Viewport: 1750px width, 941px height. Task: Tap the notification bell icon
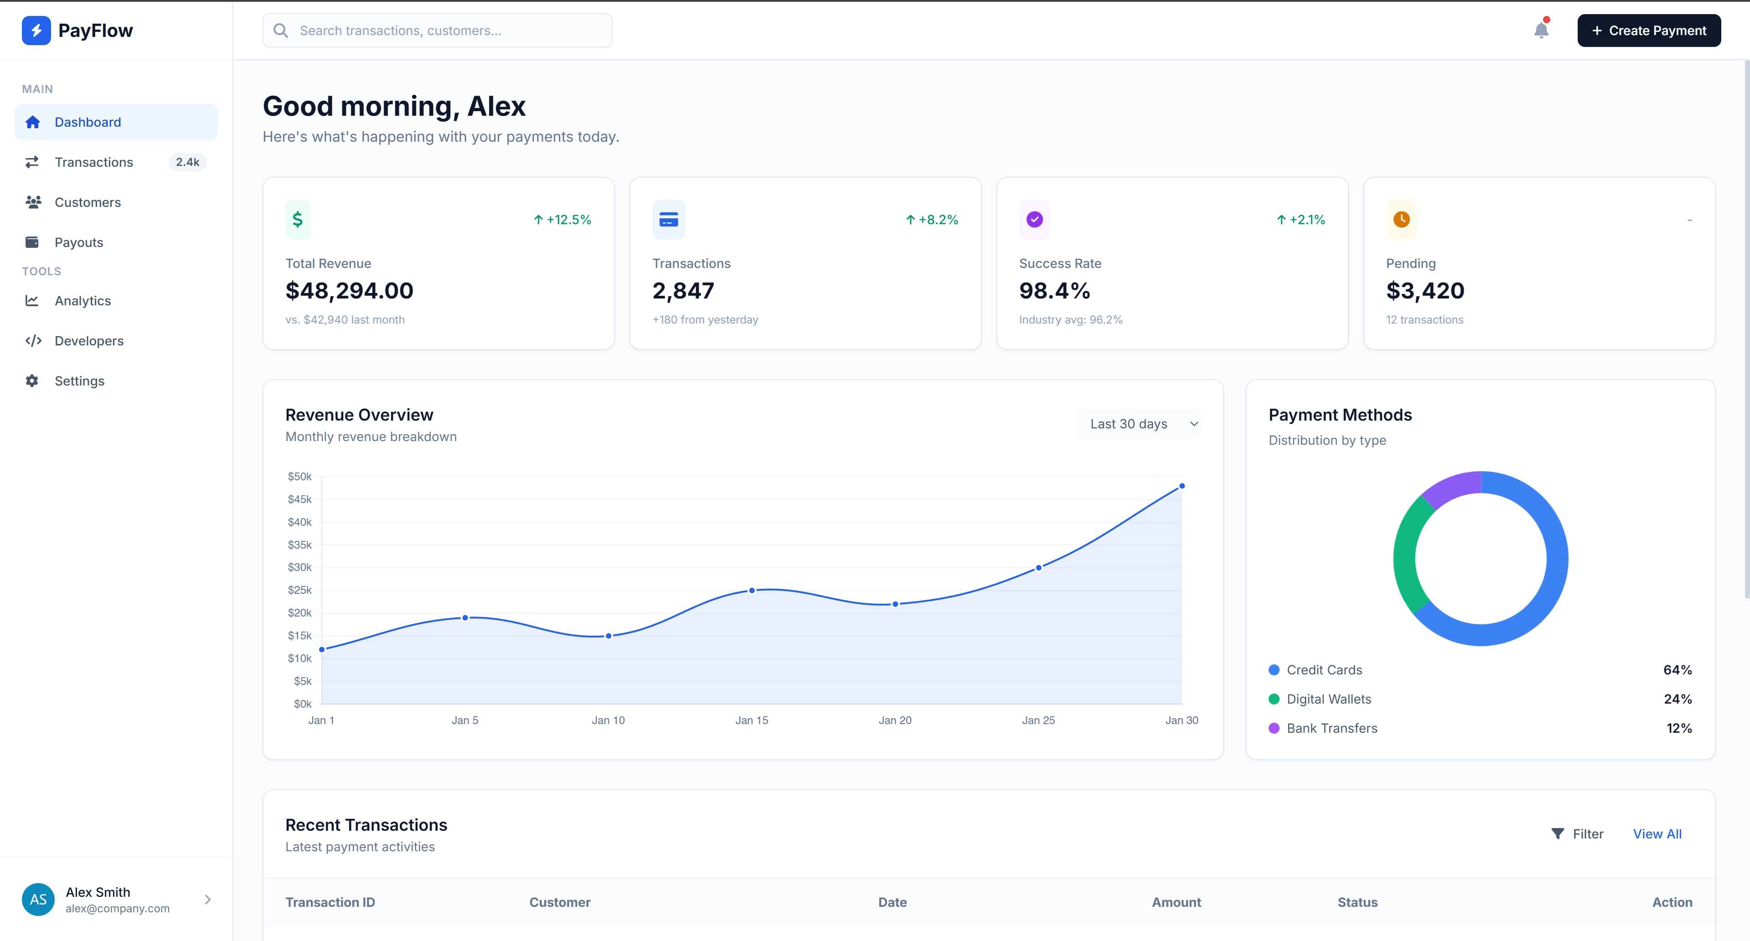[x=1541, y=31]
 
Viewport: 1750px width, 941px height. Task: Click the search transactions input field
[x=438, y=31]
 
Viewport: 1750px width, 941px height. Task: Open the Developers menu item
[x=88, y=341]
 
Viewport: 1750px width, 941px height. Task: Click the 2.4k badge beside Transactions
[x=187, y=162]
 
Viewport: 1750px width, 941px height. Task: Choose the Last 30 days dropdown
[x=1138, y=424]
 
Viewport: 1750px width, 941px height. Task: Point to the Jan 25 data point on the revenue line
[x=1038, y=568]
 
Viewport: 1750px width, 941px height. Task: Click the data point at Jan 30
[x=1182, y=486]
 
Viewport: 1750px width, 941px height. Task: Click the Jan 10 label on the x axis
[x=608, y=720]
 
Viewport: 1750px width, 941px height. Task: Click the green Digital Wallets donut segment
[x=1408, y=557]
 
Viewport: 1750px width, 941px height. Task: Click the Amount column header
[x=1176, y=902]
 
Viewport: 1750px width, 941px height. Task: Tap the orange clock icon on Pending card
[x=1401, y=219]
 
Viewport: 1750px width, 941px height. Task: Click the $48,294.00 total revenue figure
[x=349, y=291]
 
